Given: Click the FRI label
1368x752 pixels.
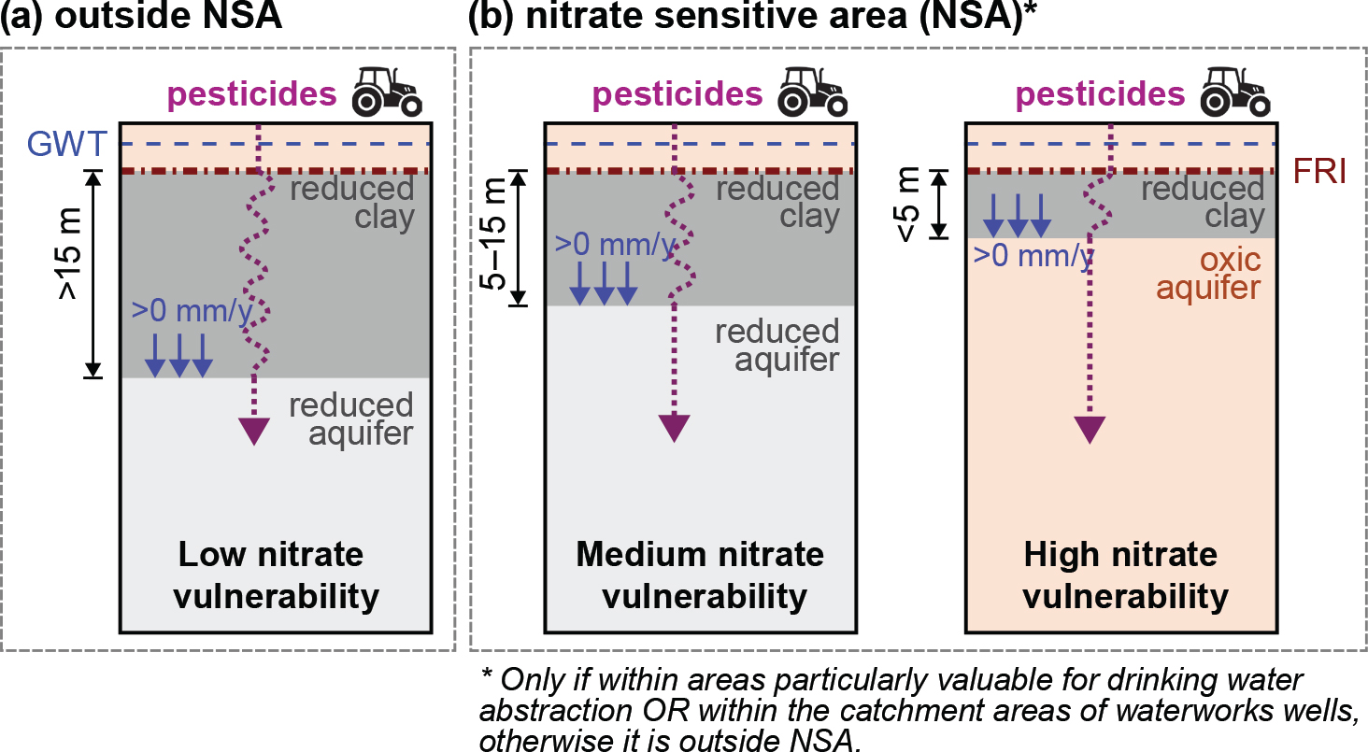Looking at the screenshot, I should (x=1319, y=173).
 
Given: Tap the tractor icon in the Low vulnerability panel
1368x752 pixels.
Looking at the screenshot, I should (x=386, y=92).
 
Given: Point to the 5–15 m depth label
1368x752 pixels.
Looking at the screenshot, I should (x=492, y=237).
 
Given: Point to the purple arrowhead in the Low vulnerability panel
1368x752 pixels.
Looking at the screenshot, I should (x=253, y=431).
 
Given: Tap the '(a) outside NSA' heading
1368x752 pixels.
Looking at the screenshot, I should (x=141, y=18).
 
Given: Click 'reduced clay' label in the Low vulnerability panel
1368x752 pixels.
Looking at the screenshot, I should (x=351, y=203).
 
